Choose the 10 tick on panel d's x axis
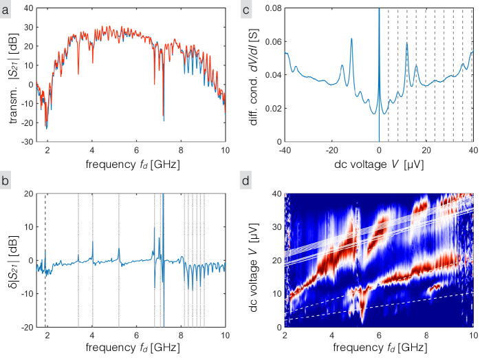point(472,337)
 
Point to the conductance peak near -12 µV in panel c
point(351,40)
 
